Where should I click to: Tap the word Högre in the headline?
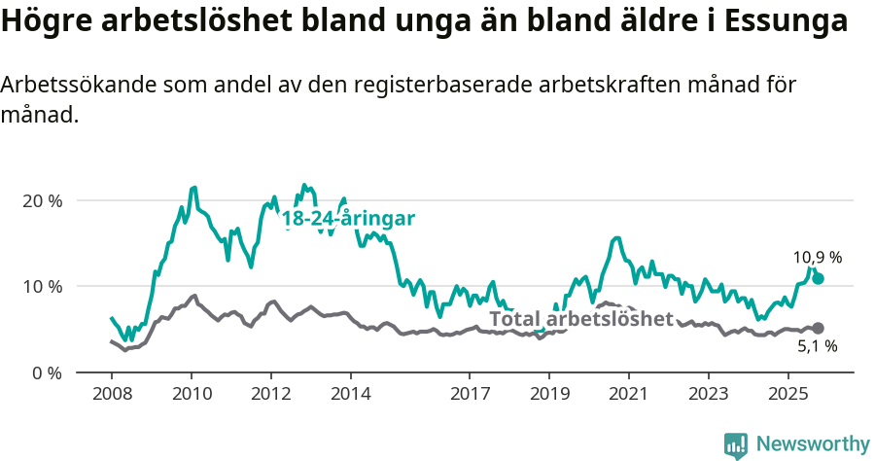pos(47,22)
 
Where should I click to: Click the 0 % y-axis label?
pos(47,372)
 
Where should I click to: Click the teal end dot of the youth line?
pos(819,278)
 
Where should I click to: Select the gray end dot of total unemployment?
pos(819,329)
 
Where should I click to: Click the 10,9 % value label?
pos(818,258)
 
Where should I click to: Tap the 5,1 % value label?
pos(818,346)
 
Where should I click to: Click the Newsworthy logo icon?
pos(736,444)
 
